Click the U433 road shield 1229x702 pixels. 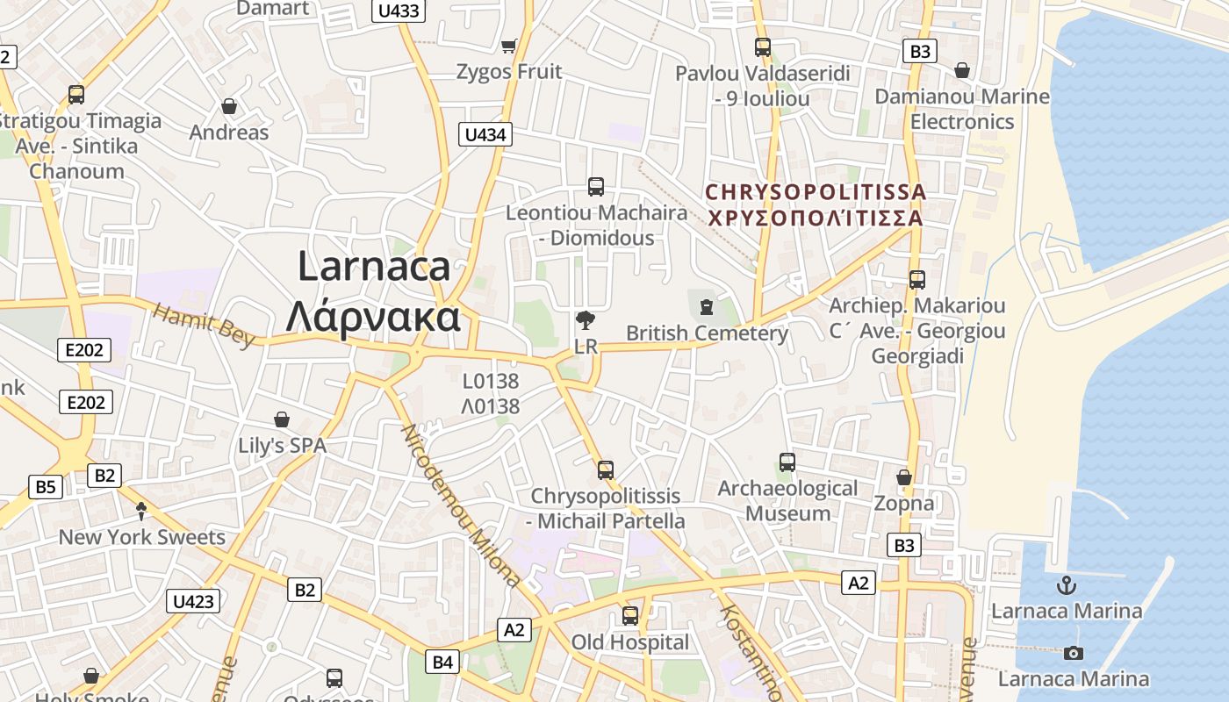(399, 11)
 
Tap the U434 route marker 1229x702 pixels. (485, 134)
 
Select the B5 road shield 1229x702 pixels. (46, 487)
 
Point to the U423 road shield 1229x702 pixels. (193, 601)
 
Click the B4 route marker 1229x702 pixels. (442, 662)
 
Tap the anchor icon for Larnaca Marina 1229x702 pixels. (1067, 584)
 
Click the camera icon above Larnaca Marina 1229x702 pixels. (1073, 653)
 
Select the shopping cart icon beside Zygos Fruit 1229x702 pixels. (508, 46)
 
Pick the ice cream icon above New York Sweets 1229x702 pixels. (141, 511)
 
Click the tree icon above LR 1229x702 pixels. (586, 320)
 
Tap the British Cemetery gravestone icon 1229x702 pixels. (707, 307)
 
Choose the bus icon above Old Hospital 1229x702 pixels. (630, 616)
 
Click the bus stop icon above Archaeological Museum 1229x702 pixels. (787, 462)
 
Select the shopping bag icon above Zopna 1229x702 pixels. (904, 477)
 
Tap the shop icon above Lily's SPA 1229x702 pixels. (282, 419)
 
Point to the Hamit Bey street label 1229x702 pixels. (204, 324)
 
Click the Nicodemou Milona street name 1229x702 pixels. (460, 505)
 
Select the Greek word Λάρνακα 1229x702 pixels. (373, 316)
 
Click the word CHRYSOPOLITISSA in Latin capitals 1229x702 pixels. (816, 191)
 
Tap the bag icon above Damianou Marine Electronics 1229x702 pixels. (962, 70)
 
